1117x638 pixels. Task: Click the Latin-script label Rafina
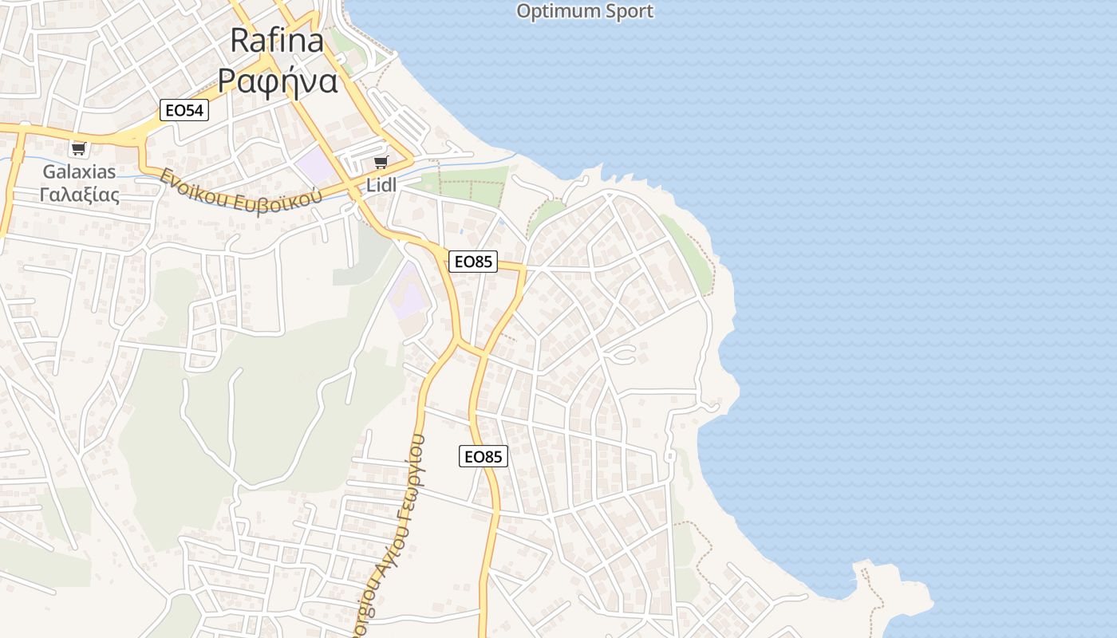(x=277, y=41)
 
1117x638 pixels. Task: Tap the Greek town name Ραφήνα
(x=278, y=81)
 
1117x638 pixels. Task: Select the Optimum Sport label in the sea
(x=585, y=11)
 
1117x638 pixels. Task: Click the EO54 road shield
(x=184, y=110)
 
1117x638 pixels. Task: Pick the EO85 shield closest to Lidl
(x=472, y=261)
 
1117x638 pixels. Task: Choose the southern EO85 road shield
(x=484, y=456)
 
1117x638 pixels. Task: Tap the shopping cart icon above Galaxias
(x=78, y=148)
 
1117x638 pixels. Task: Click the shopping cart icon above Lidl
(x=381, y=163)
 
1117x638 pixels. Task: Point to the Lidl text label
(x=381, y=185)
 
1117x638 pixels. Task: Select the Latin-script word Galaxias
(x=79, y=171)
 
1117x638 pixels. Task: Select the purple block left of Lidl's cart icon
(x=316, y=165)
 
